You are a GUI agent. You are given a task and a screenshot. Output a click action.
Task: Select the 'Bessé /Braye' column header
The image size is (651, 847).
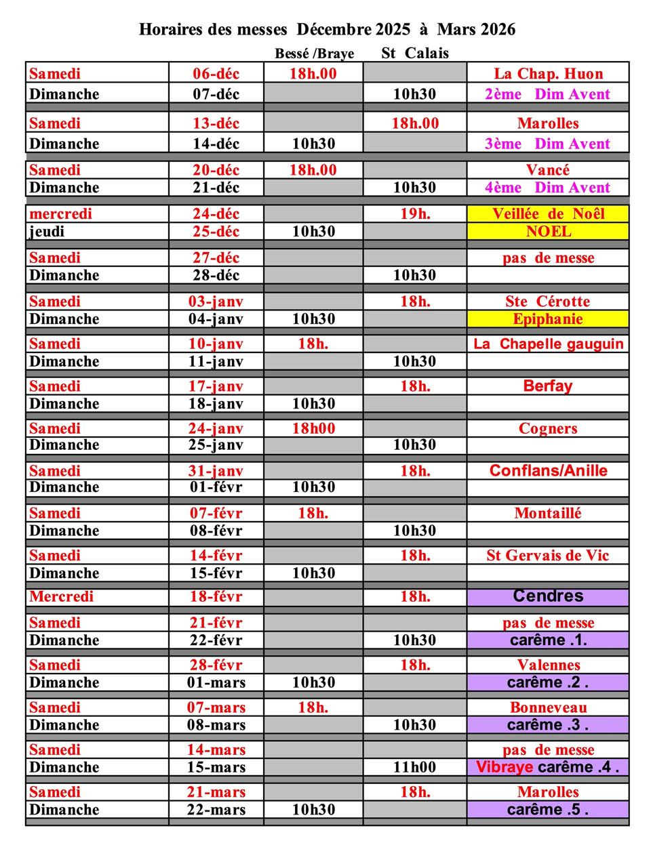pyautogui.click(x=314, y=54)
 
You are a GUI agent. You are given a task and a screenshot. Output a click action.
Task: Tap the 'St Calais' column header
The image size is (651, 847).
pyautogui.click(x=415, y=53)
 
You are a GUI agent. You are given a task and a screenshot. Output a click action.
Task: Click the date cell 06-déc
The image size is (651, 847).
pyautogui.click(x=216, y=74)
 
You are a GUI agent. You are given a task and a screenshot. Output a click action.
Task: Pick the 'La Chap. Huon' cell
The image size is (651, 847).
pyautogui.click(x=548, y=74)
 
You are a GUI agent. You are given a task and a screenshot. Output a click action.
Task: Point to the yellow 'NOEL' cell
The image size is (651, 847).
pyautogui.click(x=548, y=232)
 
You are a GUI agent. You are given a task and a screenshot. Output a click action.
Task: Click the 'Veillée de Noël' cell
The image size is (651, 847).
pyautogui.click(x=548, y=214)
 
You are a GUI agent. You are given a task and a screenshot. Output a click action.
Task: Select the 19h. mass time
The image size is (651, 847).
pyautogui.click(x=415, y=214)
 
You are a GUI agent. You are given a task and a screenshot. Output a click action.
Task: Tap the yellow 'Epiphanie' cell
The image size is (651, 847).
pyautogui.click(x=548, y=319)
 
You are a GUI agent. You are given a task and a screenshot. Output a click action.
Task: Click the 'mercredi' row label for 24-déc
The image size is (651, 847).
pyautogui.click(x=60, y=214)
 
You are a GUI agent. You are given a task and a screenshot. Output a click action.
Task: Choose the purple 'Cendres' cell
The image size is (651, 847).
pyautogui.click(x=548, y=596)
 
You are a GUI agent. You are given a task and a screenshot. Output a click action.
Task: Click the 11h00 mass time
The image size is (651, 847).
pyautogui.click(x=415, y=767)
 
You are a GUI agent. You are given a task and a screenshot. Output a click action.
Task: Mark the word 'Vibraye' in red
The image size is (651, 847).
pyautogui.click(x=504, y=767)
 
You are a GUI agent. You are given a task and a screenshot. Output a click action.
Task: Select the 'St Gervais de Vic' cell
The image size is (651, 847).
pyautogui.click(x=548, y=556)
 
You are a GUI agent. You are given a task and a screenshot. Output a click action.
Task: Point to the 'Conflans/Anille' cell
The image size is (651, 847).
pyautogui.click(x=548, y=471)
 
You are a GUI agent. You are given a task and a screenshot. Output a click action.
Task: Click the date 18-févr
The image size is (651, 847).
pyautogui.click(x=216, y=597)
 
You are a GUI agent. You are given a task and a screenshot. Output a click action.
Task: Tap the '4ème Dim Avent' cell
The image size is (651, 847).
pyautogui.click(x=548, y=188)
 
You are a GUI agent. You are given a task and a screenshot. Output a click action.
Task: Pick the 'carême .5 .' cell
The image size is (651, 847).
pyautogui.click(x=548, y=810)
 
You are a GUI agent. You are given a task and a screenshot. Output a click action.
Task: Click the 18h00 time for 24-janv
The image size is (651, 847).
pyautogui.click(x=313, y=428)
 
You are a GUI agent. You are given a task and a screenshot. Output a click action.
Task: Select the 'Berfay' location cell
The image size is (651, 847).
pyautogui.click(x=548, y=386)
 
